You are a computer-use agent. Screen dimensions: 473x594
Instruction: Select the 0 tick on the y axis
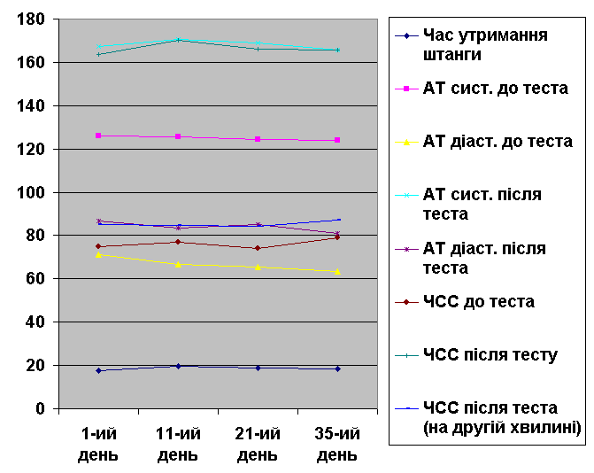pyautogui.click(x=41, y=409)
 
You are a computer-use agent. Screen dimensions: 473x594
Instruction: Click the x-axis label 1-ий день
pyautogui.click(x=98, y=445)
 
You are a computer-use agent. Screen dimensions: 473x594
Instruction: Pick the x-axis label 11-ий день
pyautogui.click(x=178, y=445)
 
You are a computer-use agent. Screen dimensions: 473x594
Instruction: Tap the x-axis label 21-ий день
pyautogui.click(x=258, y=445)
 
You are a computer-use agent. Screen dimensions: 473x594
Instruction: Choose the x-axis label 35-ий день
pyautogui.click(x=337, y=445)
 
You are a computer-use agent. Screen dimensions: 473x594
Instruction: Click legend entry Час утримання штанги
pyautogui.click(x=485, y=44)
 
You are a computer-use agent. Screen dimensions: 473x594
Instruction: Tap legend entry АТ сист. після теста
pyautogui.click(x=482, y=204)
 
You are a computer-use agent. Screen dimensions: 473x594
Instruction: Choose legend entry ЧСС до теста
pyautogui.click(x=478, y=302)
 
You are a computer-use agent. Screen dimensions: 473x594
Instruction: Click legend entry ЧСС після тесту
pyautogui.click(x=490, y=355)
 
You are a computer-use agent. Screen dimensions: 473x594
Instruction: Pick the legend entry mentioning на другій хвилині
pyautogui.click(x=501, y=418)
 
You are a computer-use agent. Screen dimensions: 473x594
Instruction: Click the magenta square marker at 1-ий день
pyautogui.click(x=98, y=136)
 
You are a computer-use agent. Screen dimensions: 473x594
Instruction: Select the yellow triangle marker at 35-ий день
pyautogui.click(x=337, y=271)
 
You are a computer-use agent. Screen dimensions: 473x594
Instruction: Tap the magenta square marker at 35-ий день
pyautogui.click(x=337, y=140)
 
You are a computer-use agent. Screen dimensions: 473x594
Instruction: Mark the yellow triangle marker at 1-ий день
pyautogui.click(x=98, y=255)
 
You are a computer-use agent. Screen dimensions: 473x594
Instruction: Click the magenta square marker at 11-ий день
pyautogui.click(x=178, y=136)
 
